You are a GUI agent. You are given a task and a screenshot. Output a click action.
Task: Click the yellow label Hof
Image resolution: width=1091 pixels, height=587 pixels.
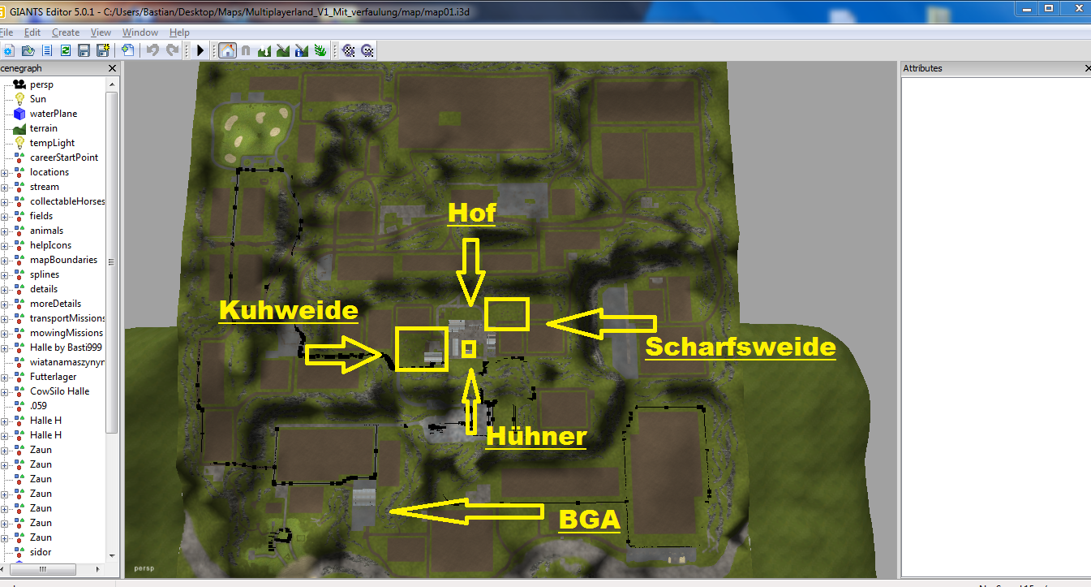click(x=471, y=213)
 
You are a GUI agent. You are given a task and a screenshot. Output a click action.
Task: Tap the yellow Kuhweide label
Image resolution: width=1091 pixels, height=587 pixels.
click(x=288, y=310)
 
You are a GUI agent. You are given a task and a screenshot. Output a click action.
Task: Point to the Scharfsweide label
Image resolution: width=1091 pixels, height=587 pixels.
click(x=741, y=347)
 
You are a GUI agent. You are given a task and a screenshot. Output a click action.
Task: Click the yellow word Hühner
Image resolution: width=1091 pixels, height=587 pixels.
click(x=535, y=436)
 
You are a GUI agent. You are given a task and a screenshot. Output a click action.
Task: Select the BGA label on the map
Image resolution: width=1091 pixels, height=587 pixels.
click(x=590, y=520)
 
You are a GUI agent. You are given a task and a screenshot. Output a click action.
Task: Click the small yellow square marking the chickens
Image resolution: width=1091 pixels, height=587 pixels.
click(x=469, y=349)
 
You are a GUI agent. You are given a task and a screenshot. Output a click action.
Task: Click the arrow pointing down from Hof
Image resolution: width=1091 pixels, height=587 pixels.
click(x=470, y=272)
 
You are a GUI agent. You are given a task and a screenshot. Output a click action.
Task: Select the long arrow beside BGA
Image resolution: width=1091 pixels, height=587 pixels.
click(x=466, y=511)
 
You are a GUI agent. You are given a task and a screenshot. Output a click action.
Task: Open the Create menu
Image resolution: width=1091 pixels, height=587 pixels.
click(x=66, y=32)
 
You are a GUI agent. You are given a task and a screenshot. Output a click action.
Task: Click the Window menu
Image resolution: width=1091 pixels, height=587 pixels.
click(x=140, y=32)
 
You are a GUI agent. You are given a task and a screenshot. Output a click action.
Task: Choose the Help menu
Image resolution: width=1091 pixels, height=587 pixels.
click(x=179, y=32)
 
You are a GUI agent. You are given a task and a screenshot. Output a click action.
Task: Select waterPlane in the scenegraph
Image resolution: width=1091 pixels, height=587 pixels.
click(x=53, y=114)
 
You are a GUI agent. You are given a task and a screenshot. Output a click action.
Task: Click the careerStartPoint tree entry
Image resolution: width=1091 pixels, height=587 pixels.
click(x=64, y=158)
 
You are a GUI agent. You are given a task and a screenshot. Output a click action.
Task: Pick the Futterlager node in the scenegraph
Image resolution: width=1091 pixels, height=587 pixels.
click(x=53, y=377)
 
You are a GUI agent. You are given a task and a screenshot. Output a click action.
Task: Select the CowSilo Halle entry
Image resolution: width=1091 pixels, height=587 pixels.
click(x=59, y=391)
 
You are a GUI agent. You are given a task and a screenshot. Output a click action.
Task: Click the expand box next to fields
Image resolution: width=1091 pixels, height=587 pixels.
click(x=4, y=217)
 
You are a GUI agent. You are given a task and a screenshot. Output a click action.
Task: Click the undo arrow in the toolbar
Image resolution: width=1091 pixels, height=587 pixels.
click(x=152, y=50)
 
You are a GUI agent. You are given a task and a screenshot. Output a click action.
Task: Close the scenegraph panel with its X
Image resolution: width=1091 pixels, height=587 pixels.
click(x=112, y=68)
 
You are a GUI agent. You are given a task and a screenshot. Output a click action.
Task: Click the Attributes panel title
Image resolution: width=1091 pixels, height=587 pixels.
click(x=922, y=68)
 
